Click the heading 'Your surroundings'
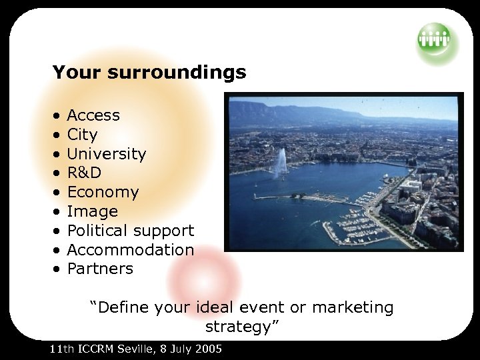[149, 72]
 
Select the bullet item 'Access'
[93, 115]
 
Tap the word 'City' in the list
[82, 135]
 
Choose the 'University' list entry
[107, 154]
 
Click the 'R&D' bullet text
[84, 173]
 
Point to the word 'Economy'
[103, 193]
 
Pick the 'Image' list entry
[92, 212]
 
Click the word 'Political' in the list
[97, 231]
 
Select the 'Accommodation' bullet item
[131, 250]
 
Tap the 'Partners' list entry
[100, 269]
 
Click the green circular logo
[434, 39]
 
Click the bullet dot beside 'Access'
[58, 116]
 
